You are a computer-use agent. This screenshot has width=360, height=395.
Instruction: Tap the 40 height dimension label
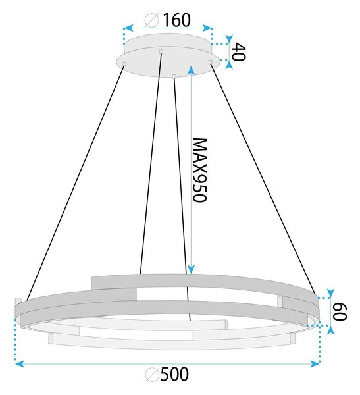(238, 52)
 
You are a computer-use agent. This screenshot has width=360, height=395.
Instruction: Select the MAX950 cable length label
(199, 170)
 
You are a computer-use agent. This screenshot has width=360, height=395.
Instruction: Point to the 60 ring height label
(340, 311)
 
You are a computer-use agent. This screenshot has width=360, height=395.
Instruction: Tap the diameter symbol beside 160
(151, 20)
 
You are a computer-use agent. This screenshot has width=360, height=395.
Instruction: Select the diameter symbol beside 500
(152, 375)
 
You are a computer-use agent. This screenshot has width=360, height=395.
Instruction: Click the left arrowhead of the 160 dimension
(128, 28)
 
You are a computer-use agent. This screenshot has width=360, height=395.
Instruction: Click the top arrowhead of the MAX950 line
(192, 70)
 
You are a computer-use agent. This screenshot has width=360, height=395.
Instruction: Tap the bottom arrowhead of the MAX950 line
(192, 269)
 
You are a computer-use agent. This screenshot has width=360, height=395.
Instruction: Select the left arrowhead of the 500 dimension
(20, 364)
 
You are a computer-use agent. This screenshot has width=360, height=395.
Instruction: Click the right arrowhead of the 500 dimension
(315, 364)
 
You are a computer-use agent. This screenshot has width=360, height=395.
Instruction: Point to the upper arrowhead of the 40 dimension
(229, 39)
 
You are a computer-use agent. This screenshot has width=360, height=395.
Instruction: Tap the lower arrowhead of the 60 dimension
(330, 330)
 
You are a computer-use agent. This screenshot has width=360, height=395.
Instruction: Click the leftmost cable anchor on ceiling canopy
(124, 63)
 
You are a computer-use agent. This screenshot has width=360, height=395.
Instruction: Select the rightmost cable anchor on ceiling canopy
(211, 62)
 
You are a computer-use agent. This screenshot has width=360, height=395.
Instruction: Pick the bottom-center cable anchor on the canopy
(174, 76)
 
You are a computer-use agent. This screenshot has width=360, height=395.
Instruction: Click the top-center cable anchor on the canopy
(161, 52)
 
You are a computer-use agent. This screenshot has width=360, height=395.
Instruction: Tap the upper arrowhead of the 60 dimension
(330, 293)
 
